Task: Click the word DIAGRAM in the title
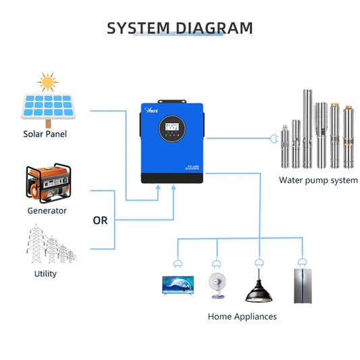point(215,28)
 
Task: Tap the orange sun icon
point(46,82)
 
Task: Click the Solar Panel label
point(45,134)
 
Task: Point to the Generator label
point(47,211)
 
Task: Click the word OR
point(100,220)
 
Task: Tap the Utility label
point(45,274)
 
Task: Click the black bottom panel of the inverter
point(173,177)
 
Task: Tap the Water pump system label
point(318,180)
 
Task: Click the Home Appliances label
point(242,316)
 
